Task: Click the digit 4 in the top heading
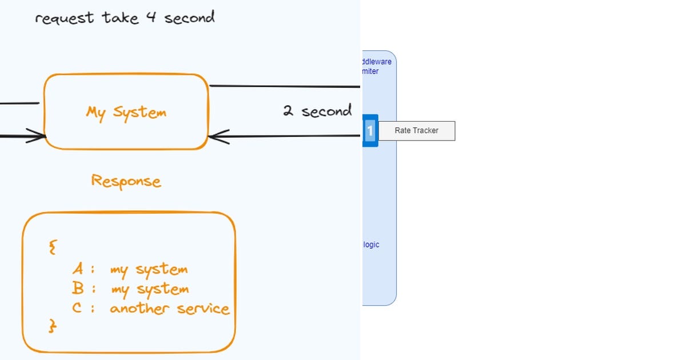coord(150,18)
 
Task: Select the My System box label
coord(126,112)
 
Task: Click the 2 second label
coord(317,111)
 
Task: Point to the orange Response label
coord(126,181)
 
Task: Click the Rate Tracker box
coord(416,131)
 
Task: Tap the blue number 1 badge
coord(370,131)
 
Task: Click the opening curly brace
coord(53,247)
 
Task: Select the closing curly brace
coord(53,326)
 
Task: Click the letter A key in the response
coord(78,269)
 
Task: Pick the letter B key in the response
coord(78,289)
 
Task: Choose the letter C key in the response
coord(78,309)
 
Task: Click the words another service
coord(170,309)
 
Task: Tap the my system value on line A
coord(149,269)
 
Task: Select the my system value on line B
coord(149,290)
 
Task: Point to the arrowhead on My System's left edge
coord(37,136)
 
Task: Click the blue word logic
coord(371,245)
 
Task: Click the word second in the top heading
coord(189,18)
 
